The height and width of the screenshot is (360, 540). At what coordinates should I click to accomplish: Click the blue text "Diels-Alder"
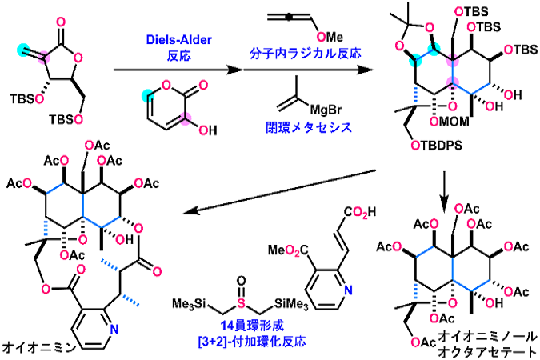click(178, 40)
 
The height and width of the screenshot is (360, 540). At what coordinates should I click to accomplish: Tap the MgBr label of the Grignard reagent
click(326, 110)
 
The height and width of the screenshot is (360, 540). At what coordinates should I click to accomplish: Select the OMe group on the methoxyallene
click(330, 37)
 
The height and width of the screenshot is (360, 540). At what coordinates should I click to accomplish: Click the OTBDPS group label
click(436, 146)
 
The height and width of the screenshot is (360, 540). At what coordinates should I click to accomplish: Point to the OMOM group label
click(450, 122)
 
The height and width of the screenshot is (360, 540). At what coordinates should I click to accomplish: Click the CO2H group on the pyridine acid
click(360, 212)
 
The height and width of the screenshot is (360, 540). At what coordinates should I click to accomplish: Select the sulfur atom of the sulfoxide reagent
click(242, 303)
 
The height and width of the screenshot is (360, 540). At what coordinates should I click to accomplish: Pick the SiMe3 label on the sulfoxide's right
click(291, 305)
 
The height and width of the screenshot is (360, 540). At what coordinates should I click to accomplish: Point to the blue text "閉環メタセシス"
click(309, 127)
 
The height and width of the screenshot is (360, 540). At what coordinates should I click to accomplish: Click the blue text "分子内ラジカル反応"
click(305, 53)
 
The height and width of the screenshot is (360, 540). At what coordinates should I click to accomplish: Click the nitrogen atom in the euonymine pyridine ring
click(114, 329)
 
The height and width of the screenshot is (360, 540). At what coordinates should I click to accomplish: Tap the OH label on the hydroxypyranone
click(208, 130)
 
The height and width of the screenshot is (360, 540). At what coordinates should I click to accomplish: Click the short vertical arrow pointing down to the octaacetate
click(444, 188)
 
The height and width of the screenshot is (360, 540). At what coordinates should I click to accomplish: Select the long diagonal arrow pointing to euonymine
click(278, 191)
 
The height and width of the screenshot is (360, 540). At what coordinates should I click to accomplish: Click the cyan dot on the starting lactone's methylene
click(23, 50)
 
